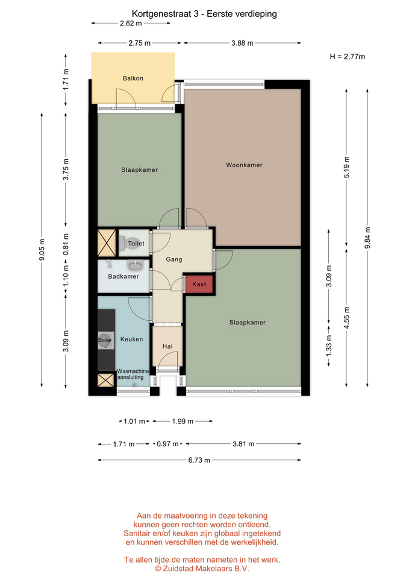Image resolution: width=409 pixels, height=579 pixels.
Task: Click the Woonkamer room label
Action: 244,165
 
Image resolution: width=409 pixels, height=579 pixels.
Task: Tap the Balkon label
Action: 133,78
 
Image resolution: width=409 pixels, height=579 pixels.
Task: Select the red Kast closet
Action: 199,284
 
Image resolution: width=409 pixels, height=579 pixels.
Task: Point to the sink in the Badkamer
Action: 136,265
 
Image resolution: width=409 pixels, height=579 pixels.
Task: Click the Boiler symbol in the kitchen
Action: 105,340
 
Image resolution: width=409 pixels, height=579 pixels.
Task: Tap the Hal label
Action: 167,346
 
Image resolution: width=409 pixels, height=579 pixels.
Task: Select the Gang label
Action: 174,259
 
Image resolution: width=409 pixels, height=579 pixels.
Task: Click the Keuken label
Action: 132,340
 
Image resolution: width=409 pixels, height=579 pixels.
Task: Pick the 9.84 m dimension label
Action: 367,238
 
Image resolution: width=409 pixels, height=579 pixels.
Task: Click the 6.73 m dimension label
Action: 199,460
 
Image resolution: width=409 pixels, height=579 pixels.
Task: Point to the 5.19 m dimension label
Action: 347,167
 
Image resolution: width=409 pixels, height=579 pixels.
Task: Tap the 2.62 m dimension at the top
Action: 131,24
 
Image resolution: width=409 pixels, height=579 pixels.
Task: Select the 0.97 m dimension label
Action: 168,444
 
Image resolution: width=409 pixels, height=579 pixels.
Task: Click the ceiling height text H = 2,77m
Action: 348,57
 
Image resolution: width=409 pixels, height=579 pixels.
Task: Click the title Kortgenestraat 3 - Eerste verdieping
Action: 204,14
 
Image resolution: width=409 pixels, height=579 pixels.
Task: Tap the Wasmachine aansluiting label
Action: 133,374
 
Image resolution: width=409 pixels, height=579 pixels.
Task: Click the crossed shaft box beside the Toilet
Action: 107,243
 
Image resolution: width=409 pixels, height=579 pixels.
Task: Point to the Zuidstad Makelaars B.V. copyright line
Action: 202,569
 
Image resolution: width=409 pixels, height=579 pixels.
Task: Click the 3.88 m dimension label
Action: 242,43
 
